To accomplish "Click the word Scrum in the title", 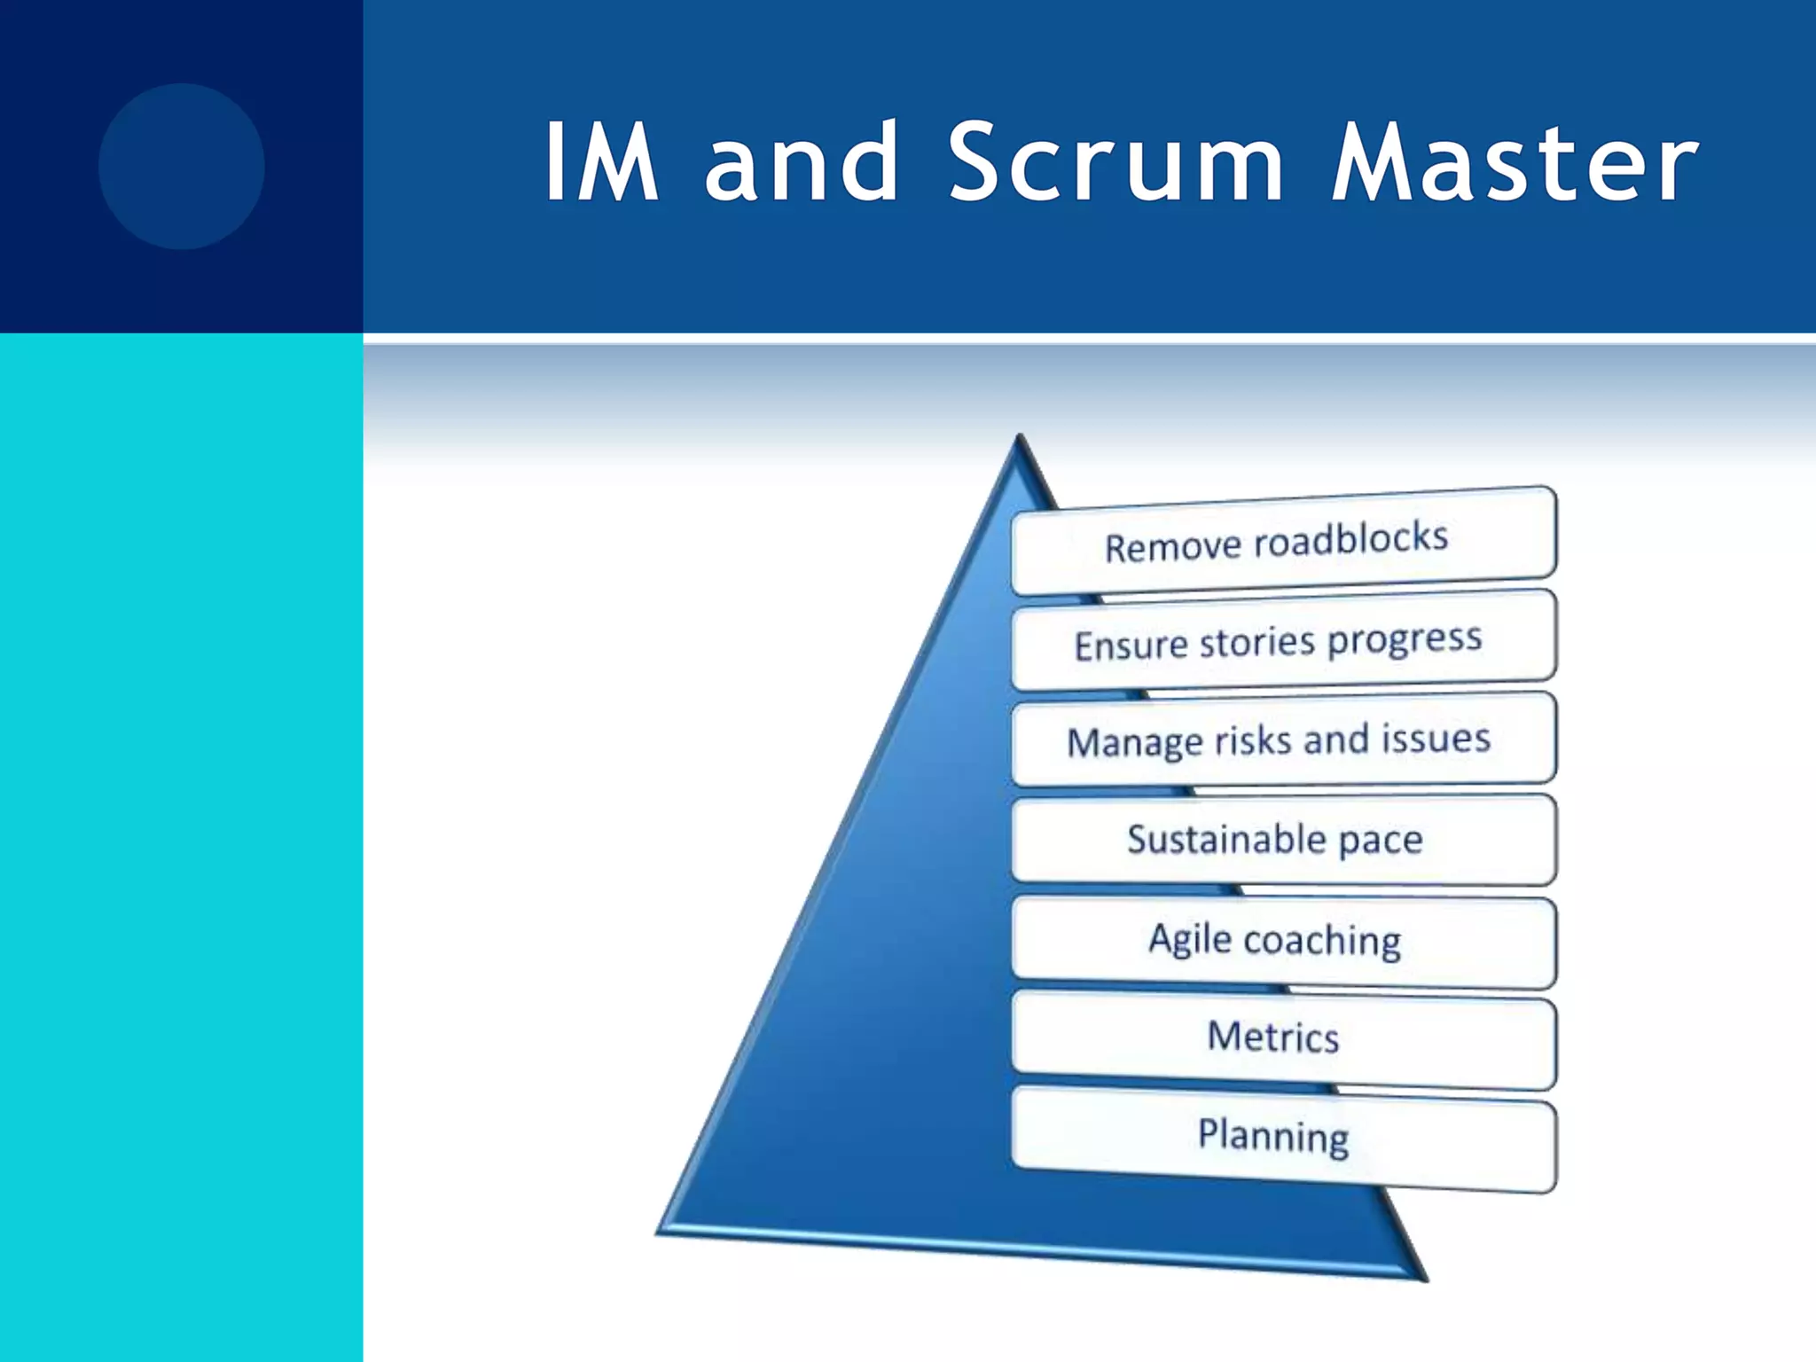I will (1116, 163).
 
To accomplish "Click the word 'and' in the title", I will (802, 163).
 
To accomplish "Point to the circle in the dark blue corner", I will (182, 167).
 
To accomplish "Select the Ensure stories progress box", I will (1282, 641).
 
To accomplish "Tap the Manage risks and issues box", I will (1282, 740).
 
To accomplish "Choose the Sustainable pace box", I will (1282, 840).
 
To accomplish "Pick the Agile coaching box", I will (1282, 941).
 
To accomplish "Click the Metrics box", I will (1282, 1039).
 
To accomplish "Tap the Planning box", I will (1282, 1138).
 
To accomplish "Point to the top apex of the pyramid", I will (1021, 439).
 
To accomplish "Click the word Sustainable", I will (1226, 838).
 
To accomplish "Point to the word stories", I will (1257, 642).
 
